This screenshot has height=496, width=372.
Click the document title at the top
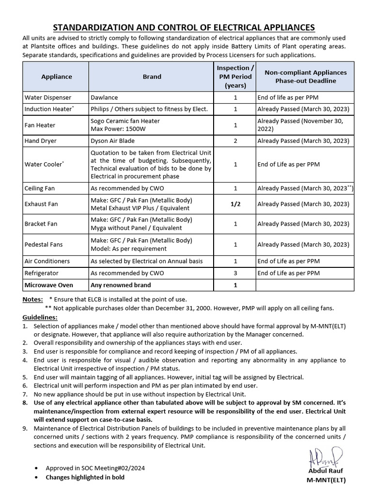click(x=184, y=27)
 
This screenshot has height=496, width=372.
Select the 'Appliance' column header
click(x=56, y=77)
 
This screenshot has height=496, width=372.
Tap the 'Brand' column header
click(x=152, y=77)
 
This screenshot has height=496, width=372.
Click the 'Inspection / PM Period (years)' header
click(x=235, y=77)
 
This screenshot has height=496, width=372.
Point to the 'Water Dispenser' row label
click(x=48, y=98)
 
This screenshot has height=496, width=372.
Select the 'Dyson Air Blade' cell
click(x=112, y=141)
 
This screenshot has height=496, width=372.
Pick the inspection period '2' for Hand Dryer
click(x=235, y=141)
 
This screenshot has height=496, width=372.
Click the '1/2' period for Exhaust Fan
click(x=235, y=204)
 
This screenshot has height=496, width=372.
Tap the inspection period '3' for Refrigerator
click(x=235, y=273)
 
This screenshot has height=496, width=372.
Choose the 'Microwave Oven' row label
click(x=49, y=285)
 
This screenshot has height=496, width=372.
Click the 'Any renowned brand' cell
click(x=121, y=285)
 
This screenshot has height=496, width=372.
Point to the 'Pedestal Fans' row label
click(x=44, y=245)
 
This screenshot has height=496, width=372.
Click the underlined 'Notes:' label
click(x=32, y=299)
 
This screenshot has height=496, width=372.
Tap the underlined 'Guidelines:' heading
click(x=40, y=317)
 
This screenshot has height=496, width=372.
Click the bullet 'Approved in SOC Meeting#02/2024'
click(x=95, y=468)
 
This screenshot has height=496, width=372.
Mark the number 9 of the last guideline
click(x=25, y=429)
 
